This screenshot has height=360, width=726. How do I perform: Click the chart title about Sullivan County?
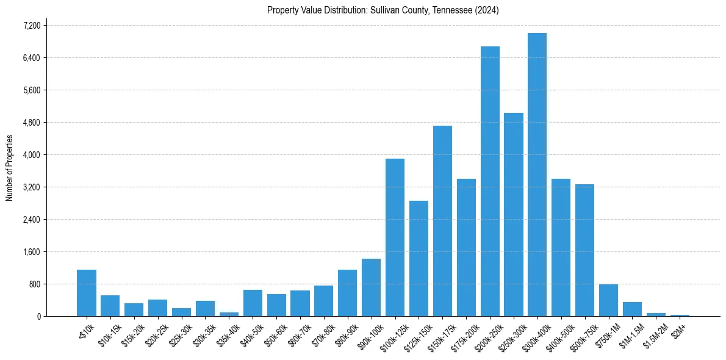(383, 10)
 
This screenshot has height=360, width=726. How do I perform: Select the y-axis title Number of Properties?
(10, 168)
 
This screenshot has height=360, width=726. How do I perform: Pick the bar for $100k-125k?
(395, 237)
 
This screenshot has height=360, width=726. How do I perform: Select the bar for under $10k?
(87, 293)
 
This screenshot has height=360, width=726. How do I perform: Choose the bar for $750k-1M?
(608, 300)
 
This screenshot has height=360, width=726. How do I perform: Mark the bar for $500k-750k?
(584, 250)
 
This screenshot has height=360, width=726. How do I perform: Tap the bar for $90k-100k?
(371, 287)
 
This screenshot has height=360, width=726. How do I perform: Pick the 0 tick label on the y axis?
(38, 317)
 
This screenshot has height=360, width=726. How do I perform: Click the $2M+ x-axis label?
(680, 325)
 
